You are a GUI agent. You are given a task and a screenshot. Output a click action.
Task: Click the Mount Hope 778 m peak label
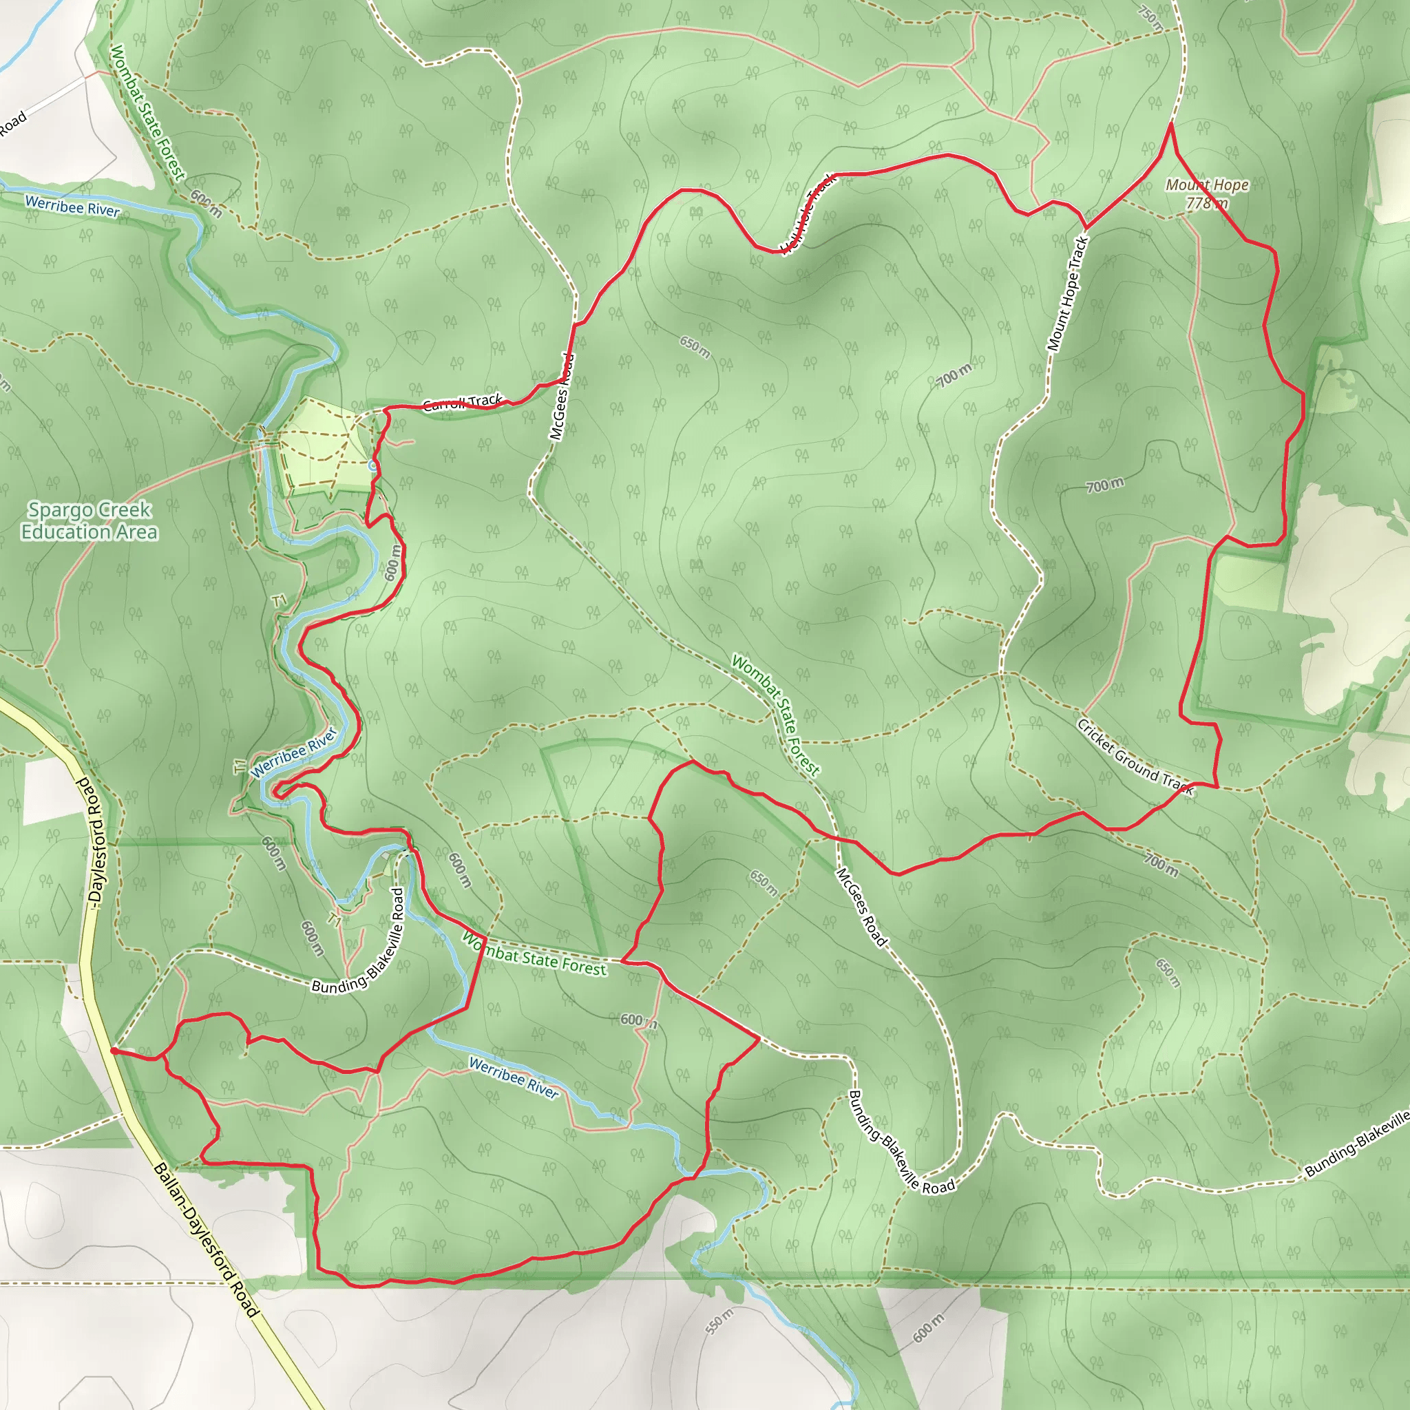[1206, 194]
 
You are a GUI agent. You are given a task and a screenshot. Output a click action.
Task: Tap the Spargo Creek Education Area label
[89, 520]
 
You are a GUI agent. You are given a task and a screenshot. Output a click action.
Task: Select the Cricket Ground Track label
[1135, 757]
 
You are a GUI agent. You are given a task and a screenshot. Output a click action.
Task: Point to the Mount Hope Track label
[1067, 293]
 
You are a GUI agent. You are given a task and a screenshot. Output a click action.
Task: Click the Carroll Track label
[463, 402]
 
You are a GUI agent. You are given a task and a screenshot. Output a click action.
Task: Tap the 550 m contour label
[720, 1321]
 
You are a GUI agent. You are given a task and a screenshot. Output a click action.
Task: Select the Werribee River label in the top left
[72, 207]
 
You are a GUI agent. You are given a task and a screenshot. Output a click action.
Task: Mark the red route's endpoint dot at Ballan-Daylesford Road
[114, 1051]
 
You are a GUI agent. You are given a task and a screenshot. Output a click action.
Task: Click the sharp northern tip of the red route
[1170, 125]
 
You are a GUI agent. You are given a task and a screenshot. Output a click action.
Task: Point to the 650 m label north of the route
[694, 348]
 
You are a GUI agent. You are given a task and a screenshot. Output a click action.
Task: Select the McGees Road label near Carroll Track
[562, 397]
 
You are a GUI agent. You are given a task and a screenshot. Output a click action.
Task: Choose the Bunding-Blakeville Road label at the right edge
[1356, 1144]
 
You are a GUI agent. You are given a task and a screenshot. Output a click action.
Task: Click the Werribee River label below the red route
[514, 1077]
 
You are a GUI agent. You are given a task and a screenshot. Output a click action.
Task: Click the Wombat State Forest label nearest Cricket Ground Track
[776, 715]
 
